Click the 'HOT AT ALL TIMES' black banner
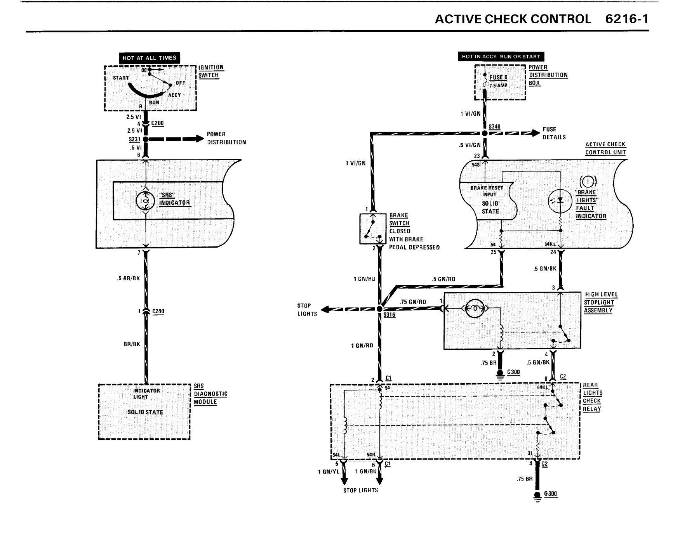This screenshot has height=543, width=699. (149, 58)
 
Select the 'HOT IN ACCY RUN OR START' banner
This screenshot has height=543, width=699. (501, 56)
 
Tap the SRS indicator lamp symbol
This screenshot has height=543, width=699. (145, 200)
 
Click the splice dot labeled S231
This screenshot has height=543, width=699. (146, 139)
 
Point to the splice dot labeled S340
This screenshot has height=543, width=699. (484, 133)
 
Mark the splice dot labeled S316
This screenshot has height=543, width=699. (379, 309)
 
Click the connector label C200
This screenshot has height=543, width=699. (157, 123)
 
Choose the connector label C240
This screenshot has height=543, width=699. (158, 311)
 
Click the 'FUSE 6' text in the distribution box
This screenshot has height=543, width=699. (498, 77)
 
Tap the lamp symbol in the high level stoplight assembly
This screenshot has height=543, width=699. (473, 309)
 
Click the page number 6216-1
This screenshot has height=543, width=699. (627, 19)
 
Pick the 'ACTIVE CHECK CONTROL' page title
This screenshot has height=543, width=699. (513, 19)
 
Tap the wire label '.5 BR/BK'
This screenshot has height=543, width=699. (128, 278)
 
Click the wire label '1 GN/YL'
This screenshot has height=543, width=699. (329, 472)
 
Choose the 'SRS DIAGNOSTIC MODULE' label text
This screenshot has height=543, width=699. (210, 394)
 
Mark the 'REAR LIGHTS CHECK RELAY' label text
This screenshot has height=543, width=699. (592, 397)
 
